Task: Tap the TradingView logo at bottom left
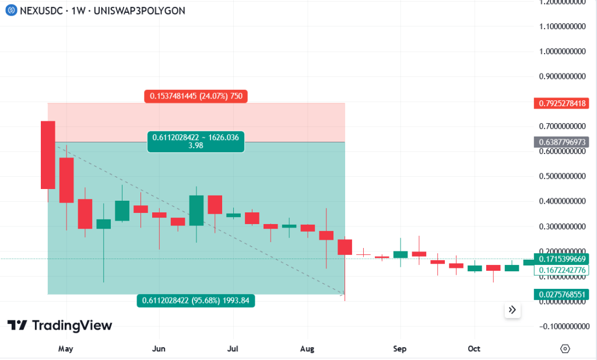pos(59,325)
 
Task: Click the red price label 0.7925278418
pos(561,104)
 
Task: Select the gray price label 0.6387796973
pos(561,142)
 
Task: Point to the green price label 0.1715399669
pos(561,258)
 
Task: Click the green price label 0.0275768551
pos(561,295)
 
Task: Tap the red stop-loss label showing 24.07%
pos(196,96)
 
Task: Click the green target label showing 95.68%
pos(196,300)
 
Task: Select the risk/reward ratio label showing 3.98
pos(195,142)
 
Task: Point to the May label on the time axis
pos(66,349)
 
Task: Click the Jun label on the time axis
pos(159,349)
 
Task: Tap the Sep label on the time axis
pos(399,349)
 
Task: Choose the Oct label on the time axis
pos(474,349)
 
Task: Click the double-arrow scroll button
pos(512,310)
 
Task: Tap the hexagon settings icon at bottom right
pos(564,349)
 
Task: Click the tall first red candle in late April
pos(48,155)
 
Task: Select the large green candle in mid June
pos(196,210)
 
